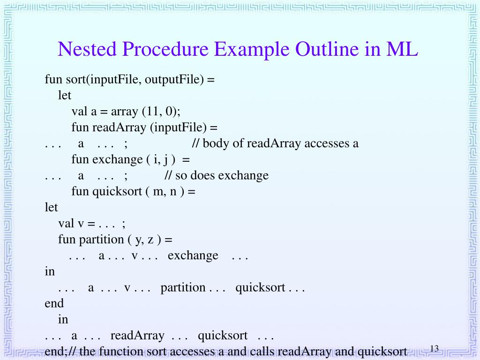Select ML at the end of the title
click(402, 49)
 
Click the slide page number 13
click(434, 348)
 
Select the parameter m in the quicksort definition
click(157, 191)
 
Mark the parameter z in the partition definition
click(151, 239)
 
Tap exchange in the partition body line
click(193, 255)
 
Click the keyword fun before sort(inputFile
click(53, 79)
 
